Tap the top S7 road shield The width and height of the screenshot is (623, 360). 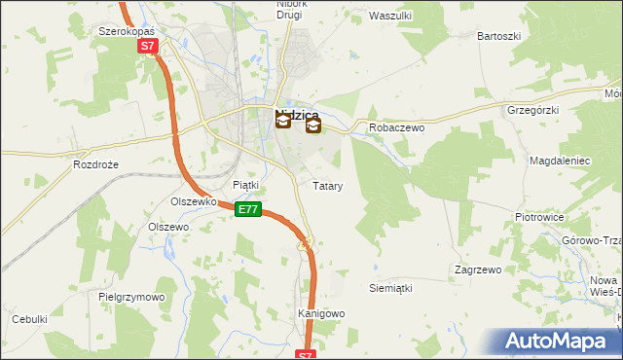(x=146, y=46)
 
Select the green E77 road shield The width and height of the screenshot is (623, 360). (x=249, y=209)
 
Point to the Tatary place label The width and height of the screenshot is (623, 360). (x=327, y=185)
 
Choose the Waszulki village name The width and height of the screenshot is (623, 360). (x=391, y=16)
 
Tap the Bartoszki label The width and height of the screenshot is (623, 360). (x=498, y=36)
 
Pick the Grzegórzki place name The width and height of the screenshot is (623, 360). (x=532, y=110)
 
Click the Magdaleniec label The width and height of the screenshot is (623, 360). (x=559, y=159)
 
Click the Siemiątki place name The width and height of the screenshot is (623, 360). (x=391, y=289)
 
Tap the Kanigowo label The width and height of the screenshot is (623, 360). (x=321, y=313)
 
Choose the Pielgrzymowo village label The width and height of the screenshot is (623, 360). (x=132, y=296)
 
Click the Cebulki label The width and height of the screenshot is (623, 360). (x=29, y=319)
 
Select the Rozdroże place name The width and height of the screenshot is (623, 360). (x=95, y=165)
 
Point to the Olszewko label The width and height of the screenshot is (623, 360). (x=193, y=201)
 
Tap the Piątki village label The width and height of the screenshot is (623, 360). (x=246, y=185)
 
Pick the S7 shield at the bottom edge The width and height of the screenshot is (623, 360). (x=307, y=355)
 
